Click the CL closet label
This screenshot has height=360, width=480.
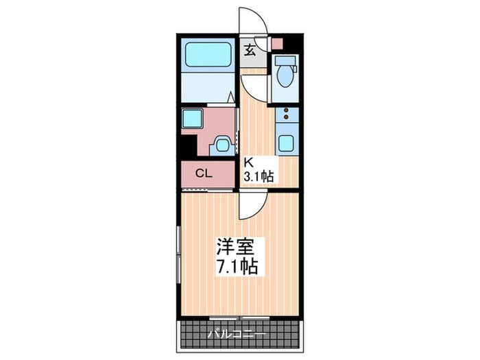(204, 173)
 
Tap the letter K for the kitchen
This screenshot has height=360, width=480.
(250, 163)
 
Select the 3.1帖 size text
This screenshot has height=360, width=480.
(260, 177)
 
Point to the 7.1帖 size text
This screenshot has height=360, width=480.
(238, 266)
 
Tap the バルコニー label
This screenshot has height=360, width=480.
(237, 335)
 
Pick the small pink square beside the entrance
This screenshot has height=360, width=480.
(276, 44)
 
